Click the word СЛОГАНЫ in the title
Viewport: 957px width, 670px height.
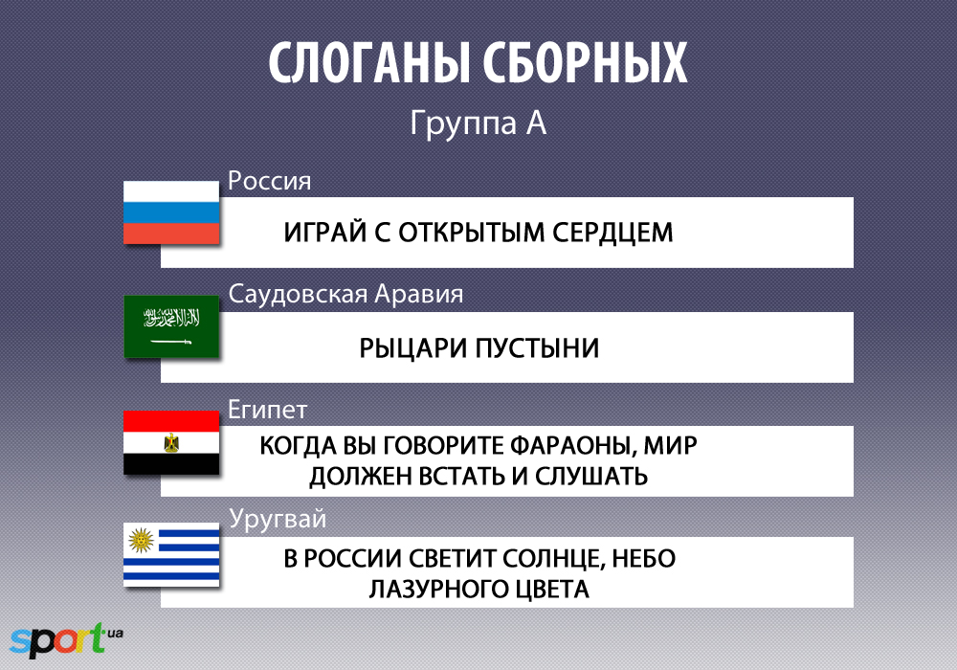pos(369,63)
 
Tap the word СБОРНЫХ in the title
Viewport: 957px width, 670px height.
pos(586,63)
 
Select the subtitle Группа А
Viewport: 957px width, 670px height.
pos(478,123)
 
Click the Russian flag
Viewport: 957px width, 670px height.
pos(171,212)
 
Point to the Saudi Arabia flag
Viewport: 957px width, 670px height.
pos(171,326)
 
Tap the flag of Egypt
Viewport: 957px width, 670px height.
pos(171,442)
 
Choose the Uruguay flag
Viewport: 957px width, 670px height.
pos(171,554)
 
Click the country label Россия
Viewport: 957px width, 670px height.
pos(269,181)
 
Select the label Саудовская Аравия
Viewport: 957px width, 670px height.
pos(345,294)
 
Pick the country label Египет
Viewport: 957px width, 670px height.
pos(267,410)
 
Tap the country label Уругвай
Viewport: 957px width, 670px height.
pos(278,520)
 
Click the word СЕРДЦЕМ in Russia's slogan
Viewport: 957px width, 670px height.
pos(612,234)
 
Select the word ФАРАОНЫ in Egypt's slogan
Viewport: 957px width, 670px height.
pos(573,446)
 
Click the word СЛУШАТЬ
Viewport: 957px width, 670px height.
pos(591,477)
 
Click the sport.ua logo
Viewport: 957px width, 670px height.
pos(66,640)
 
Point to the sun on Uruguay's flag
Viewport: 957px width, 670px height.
pos(141,540)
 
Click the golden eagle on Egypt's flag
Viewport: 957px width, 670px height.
pos(171,443)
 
